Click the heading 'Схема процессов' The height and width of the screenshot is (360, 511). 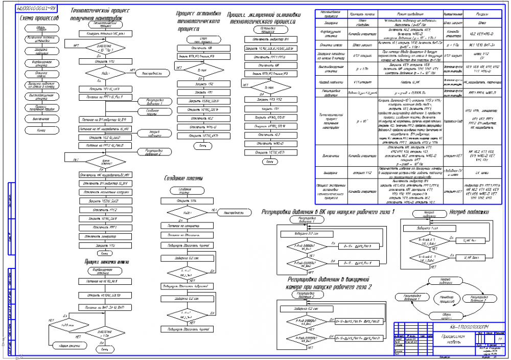point(39,18)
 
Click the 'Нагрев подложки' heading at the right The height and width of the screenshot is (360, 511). point(466,212)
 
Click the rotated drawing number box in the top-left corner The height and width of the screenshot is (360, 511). point(37,8)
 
